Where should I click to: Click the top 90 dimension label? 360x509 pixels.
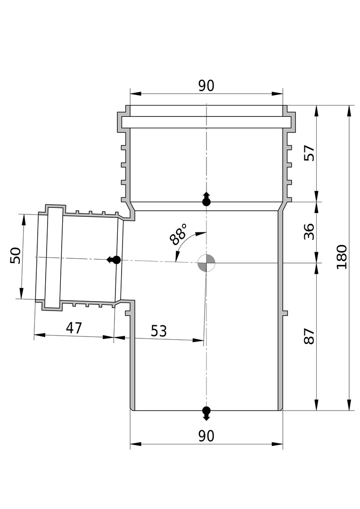point(206,86)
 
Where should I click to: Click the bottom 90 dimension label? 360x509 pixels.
point(206,436)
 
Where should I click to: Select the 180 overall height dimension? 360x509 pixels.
point(342,257)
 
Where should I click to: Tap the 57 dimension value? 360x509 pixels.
point(310,153)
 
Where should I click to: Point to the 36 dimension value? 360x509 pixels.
point(310,231)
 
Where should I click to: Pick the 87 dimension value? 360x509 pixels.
point(310,337)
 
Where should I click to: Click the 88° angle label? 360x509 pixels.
point(179,234)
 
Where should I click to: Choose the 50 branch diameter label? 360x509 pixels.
point(15,256)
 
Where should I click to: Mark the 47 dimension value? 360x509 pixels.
point(74,328)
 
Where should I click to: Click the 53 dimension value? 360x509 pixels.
point(159,331)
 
